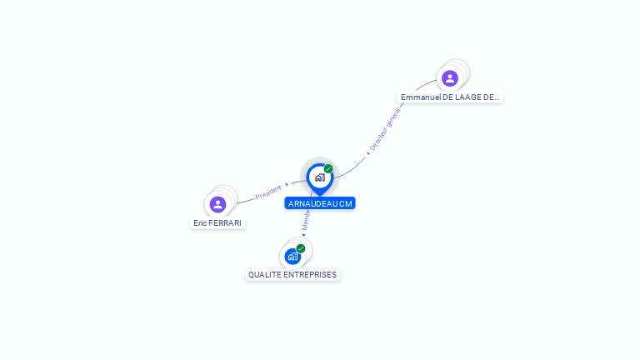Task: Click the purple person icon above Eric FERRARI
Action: (218, 204)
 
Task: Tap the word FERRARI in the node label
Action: (226, 223)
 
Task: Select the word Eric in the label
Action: (200, 223)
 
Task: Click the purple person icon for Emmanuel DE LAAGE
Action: (450, 78)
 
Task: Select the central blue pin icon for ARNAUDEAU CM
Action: (319, 177)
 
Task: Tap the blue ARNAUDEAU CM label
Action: (320, 203)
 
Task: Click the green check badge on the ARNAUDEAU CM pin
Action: (328, 169)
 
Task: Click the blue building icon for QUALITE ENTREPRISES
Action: (292, 256)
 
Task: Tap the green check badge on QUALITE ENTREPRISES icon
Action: (301, 248)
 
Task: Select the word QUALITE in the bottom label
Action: (264, 275)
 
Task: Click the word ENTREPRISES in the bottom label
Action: (310, 275)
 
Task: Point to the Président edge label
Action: (268, 192)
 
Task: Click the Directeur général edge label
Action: (386, 128)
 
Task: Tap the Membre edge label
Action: (306, 220)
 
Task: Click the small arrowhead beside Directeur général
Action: (367, 153)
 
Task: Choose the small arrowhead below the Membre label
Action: (304, 235)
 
